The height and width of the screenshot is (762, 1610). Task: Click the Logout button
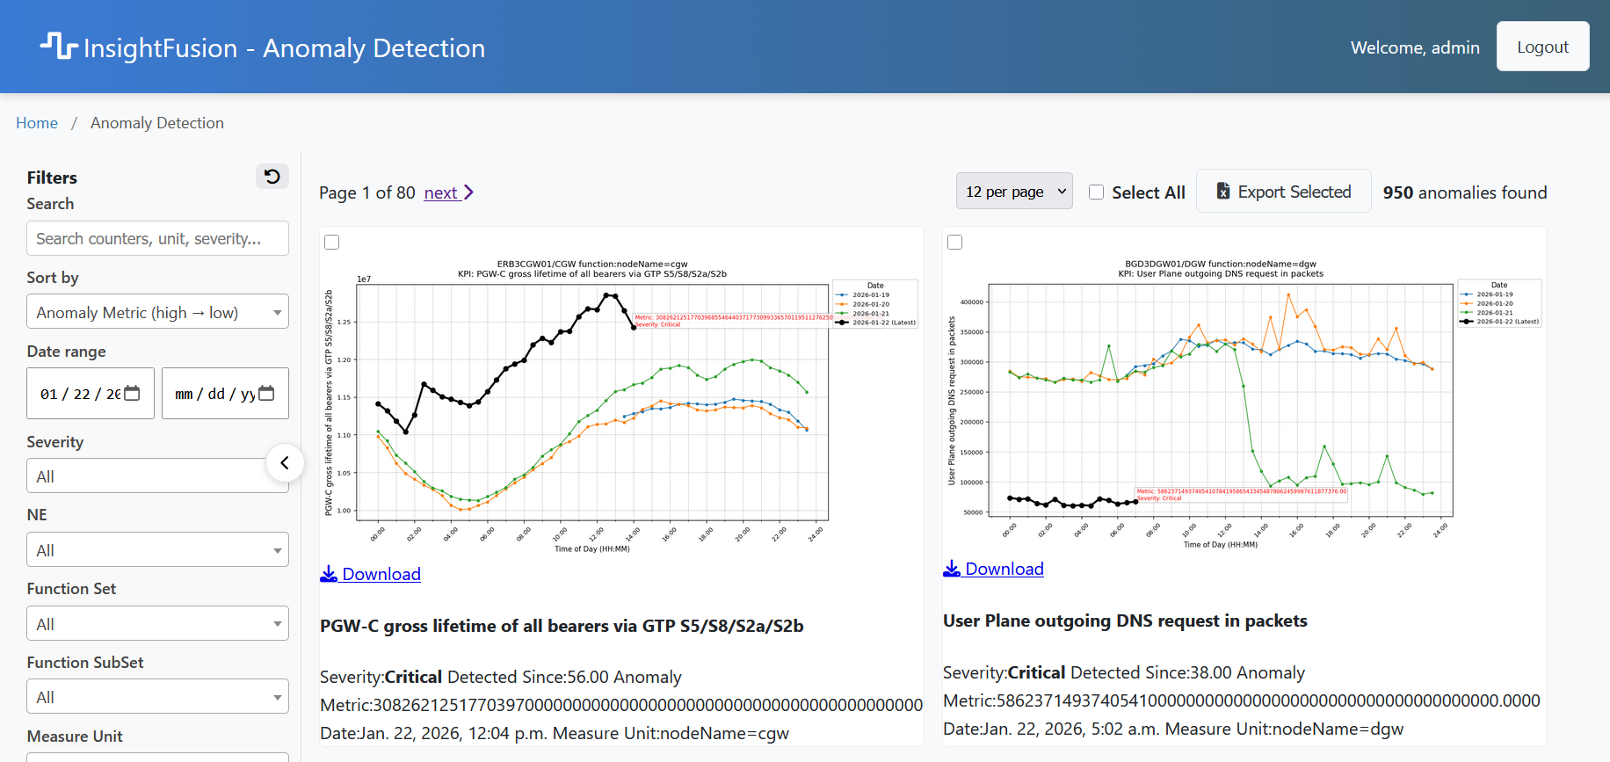pyautogui.click(x=1542, y=47)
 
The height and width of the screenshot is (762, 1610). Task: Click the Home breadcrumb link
pyautogui.click(x=37, y=123)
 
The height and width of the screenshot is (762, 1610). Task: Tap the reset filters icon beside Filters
pyautogui.click(x=272, y=177)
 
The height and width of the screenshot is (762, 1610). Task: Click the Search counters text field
pyautogui.click(x=157, y=238)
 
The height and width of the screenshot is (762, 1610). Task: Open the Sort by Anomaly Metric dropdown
pyautogui.click(x=157, y=312)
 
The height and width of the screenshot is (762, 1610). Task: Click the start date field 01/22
pyautogui.click(x=90, y=394)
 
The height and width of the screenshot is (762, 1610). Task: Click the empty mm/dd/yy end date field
pyautogui.click(x=225, y=394)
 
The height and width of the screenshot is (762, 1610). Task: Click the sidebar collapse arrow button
pyautogui.click(x=285, y=463)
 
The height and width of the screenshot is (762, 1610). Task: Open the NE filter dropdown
pyautogui.click(x=157, y=550)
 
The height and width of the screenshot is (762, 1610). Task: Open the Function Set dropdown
pyautogui.click(x=157, y=624)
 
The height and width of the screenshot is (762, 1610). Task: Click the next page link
pyautogui.click(x=448, y=192)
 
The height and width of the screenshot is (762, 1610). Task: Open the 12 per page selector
pyautogui.click(x=1014, y=192)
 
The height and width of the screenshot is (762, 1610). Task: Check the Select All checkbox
pyautogui.click(x=1097, y=192)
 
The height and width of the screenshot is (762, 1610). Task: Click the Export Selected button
pyautogui.click(x=1283, y=192)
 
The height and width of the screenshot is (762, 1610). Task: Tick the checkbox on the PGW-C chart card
pyautogui.click(x=332, y=243)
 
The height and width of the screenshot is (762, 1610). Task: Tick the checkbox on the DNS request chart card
pyautogui.click(x=955, y=243)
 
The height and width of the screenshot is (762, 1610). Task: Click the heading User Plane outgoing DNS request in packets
pyautogui.click(x=1124, y=620)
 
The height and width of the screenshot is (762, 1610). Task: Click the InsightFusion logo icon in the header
pyautogui.click(x=59, y=46)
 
